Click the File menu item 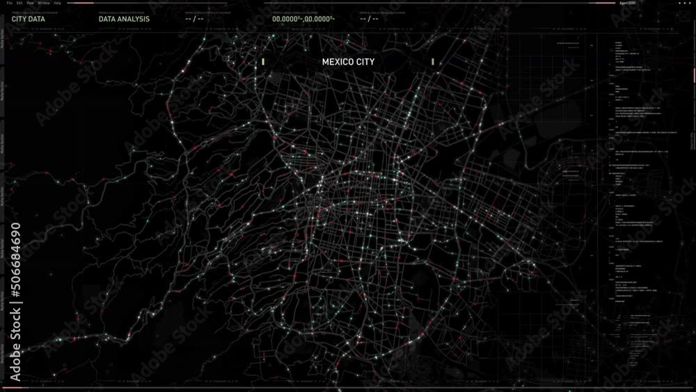pos(9,3)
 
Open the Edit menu pos(19,3)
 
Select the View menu pos(30,3)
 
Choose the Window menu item pos(43,3)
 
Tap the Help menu pos(57,3)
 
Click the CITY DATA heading pos(28,19)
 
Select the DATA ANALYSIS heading pos(124,19)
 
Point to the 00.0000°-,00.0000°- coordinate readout pos(303,19)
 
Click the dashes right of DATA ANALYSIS pos(194,19)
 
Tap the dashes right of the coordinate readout pos(369,19)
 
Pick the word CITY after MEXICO pos(365,62)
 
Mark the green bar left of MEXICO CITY pos(263,62)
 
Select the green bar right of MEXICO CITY pos(433,62)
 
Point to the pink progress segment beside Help pos(80,3)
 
